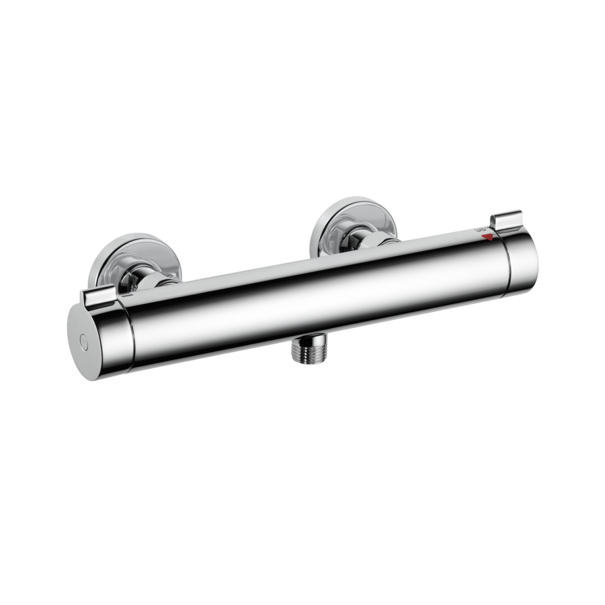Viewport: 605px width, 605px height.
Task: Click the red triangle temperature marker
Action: coord(495,235)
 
